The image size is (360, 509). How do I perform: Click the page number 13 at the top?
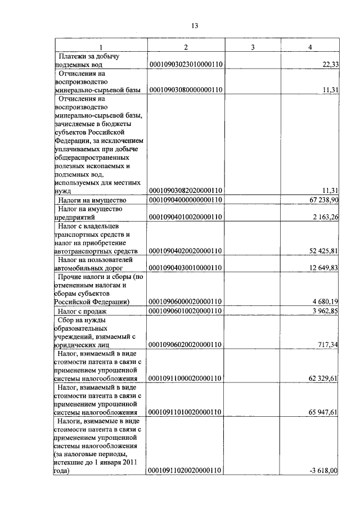point(195,26)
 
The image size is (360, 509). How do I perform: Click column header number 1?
point(101,47)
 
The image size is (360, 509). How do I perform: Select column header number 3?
point(253,47)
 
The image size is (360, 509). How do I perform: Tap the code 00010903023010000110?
point(186,65)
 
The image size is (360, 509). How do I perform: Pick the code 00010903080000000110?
point(186,90)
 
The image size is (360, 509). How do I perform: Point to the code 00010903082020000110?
point(186,191)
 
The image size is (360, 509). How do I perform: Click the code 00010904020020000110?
point(186,251)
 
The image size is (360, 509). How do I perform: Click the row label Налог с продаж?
point(83,311)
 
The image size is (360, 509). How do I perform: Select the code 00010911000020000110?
point(186,379)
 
